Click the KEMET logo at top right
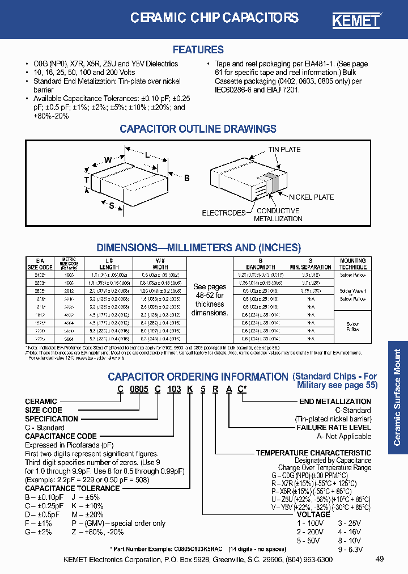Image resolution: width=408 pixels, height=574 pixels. tap(355, 20)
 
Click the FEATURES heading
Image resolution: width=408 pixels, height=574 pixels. tap(198, 50)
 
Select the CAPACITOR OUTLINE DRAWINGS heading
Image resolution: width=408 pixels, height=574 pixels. tap(198, 129)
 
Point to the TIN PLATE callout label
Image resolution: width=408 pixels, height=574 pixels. tap(284, 150)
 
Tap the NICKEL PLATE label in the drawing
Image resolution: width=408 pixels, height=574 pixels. tap(311, 197)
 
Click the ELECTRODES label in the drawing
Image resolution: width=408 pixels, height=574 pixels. tap(223, 213)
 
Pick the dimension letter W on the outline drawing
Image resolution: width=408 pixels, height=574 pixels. tap(108, 161)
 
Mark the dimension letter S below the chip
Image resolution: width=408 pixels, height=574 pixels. tap(111, 205)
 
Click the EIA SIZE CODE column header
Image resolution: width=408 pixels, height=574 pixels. tap(40, 264)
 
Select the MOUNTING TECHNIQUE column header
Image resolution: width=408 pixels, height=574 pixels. tap(352, 264)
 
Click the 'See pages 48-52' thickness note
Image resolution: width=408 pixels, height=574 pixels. tap(209, 299)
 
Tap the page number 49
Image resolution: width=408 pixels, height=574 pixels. tap(380, 559)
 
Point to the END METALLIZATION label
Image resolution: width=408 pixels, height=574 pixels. tap(335, 402)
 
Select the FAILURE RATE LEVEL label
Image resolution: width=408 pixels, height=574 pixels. tap(334, 428)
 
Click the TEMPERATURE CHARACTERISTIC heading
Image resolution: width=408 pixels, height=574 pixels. tap(313, 453)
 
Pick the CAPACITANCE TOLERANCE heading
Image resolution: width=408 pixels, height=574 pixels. tap(73, 488)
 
